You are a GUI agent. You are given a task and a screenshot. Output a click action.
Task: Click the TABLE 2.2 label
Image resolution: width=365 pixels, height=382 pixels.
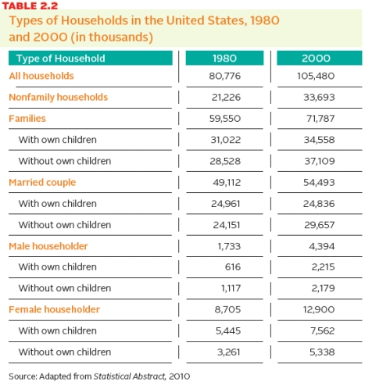pos(29,5)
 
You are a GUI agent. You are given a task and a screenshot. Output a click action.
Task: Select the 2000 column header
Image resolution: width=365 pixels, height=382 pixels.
pos(317,58)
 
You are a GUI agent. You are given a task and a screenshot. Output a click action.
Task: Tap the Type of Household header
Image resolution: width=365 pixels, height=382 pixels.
pos(61,58)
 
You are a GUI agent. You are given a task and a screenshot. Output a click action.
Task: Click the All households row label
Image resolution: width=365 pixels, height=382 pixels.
pos(41,76)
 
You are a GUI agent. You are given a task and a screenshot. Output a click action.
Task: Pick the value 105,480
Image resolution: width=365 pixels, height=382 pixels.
pos(317,76)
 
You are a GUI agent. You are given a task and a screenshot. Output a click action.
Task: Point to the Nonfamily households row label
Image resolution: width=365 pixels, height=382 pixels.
pos(58,97)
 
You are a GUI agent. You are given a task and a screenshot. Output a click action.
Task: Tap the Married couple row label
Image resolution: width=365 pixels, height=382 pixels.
pos(41,182)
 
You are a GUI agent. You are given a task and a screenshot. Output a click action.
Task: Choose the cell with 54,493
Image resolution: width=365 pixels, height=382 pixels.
pos(317,182)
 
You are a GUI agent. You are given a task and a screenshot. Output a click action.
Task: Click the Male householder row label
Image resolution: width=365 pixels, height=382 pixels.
pos(48,245)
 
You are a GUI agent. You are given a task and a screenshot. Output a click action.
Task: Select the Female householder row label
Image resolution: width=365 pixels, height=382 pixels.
pos(54,309)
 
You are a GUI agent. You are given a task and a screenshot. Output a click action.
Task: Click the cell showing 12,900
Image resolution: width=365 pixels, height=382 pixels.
pos(317,309)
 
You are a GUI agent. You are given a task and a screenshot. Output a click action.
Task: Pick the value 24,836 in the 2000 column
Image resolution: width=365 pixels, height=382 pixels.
pos(317,203)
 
